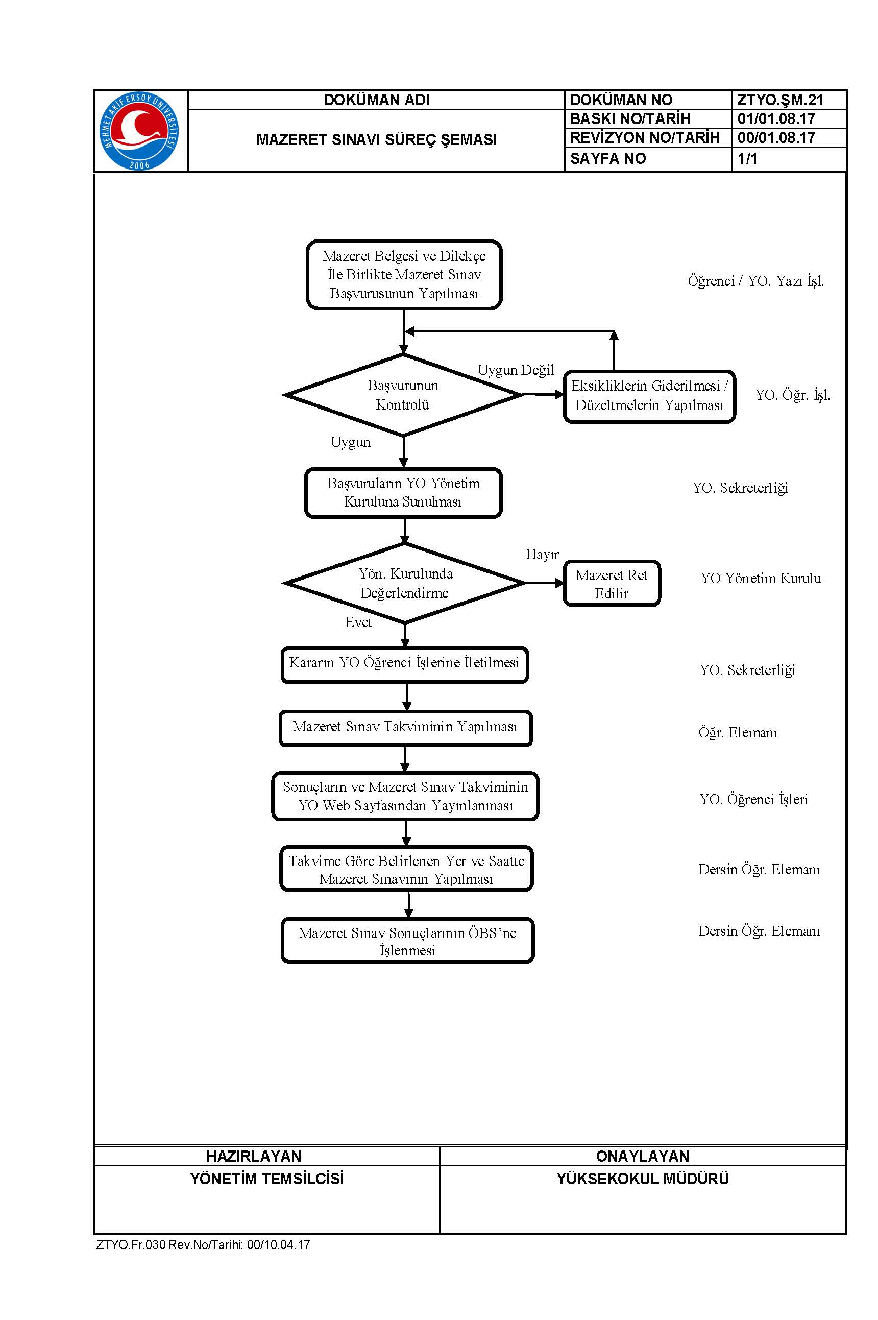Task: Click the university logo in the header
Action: click(139, 131)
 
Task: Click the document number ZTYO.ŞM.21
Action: click(780, 100)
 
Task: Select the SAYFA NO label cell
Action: click(647, 159)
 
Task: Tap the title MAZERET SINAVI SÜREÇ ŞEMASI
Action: click(376, 139)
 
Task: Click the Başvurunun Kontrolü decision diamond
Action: click(403, 395)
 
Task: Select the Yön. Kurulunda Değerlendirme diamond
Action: click(404, 583)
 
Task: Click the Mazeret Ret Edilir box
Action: click(612, 584)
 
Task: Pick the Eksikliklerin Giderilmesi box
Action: click(649, 396)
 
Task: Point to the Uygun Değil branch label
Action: click(516, 370)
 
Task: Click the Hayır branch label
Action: click(542, 555)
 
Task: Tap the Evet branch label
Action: click(358, 622)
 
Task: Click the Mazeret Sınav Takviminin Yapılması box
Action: click(405, 728)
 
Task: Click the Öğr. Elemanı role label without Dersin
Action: click(738, 733)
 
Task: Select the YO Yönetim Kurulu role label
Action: click(761, 578)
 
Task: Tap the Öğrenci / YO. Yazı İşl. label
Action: click(756, 281)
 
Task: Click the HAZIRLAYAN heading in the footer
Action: click(254, 1156)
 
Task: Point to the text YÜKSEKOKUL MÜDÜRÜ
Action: click(643, 1179)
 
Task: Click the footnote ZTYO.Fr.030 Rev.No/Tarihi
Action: click(203, 1244)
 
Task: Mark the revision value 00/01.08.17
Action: click(776, 138)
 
